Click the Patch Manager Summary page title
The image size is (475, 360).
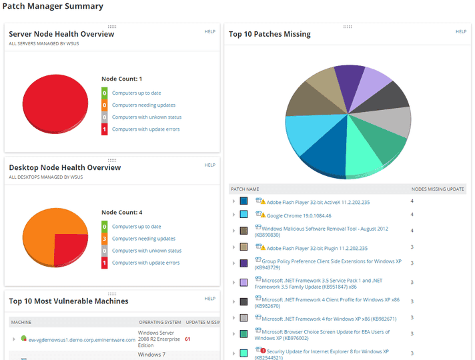[53, 7]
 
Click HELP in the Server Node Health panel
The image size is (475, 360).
[209, 31]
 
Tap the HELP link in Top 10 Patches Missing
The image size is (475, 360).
[460, 31]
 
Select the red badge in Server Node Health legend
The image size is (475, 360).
[105, 129]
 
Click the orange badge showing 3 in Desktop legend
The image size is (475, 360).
[105, 239]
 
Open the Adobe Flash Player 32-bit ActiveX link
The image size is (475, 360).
[318, 202]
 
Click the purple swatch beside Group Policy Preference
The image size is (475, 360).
[244, 263]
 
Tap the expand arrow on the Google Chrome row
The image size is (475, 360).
[233, 215]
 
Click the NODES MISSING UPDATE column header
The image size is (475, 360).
[438, 189]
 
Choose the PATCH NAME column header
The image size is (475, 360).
[246, 189]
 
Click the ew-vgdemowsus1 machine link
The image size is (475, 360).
[82, 339]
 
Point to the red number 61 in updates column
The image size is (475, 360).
[187, 339]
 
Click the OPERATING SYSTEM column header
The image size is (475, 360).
[159, 322]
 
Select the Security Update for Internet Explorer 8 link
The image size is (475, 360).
[327, 351]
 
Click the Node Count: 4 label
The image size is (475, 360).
[121, 212]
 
